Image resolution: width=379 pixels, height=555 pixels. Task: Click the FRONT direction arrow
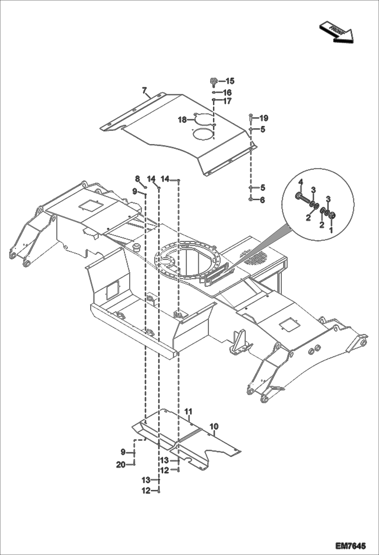336,32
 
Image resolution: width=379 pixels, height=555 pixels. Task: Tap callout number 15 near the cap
230,81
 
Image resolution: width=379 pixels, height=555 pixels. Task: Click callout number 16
227,92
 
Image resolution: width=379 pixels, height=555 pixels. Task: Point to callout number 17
227,101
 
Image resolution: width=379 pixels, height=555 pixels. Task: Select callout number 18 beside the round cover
182,120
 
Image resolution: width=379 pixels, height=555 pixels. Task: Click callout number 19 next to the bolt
264,118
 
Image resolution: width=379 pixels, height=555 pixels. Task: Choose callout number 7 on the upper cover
144,90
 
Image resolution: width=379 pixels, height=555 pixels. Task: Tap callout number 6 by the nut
262,200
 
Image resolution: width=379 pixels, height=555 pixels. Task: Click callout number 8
137,179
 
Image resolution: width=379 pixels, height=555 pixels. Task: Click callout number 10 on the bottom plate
214,426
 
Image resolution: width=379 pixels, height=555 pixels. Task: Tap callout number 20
121,464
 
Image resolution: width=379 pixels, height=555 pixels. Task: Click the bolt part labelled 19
250,118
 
